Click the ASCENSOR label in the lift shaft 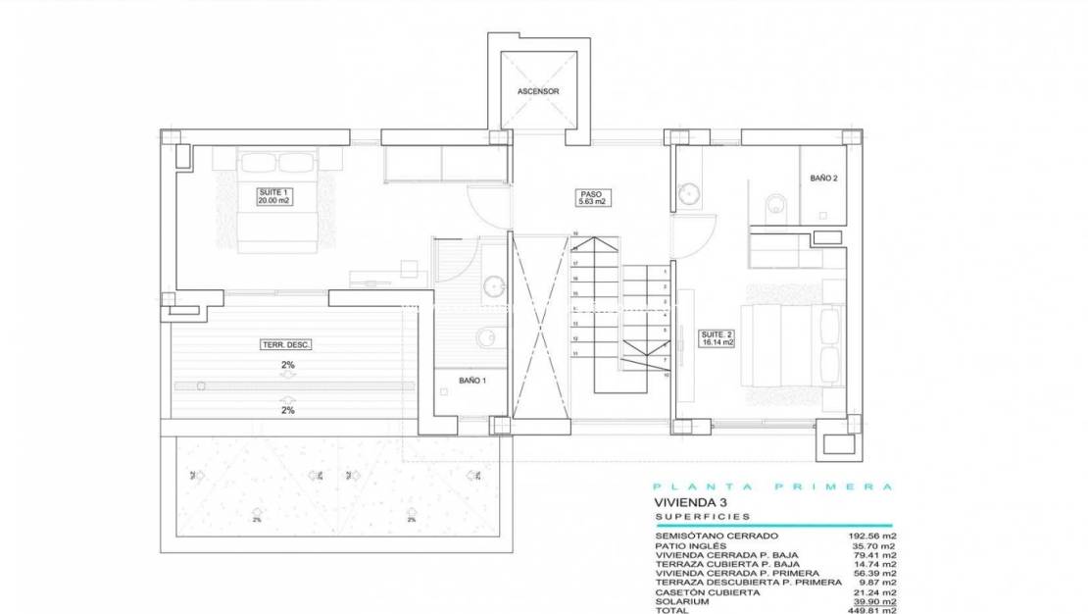point(538,91)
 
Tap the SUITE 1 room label point(273,196)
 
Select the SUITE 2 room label point(717,338)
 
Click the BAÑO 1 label point(471,380)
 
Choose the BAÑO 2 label point(823,179)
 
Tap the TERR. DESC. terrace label point(279,345)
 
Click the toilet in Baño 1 point(487,337)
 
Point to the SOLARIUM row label point(684,600)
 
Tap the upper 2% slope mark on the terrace point(288,365)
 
